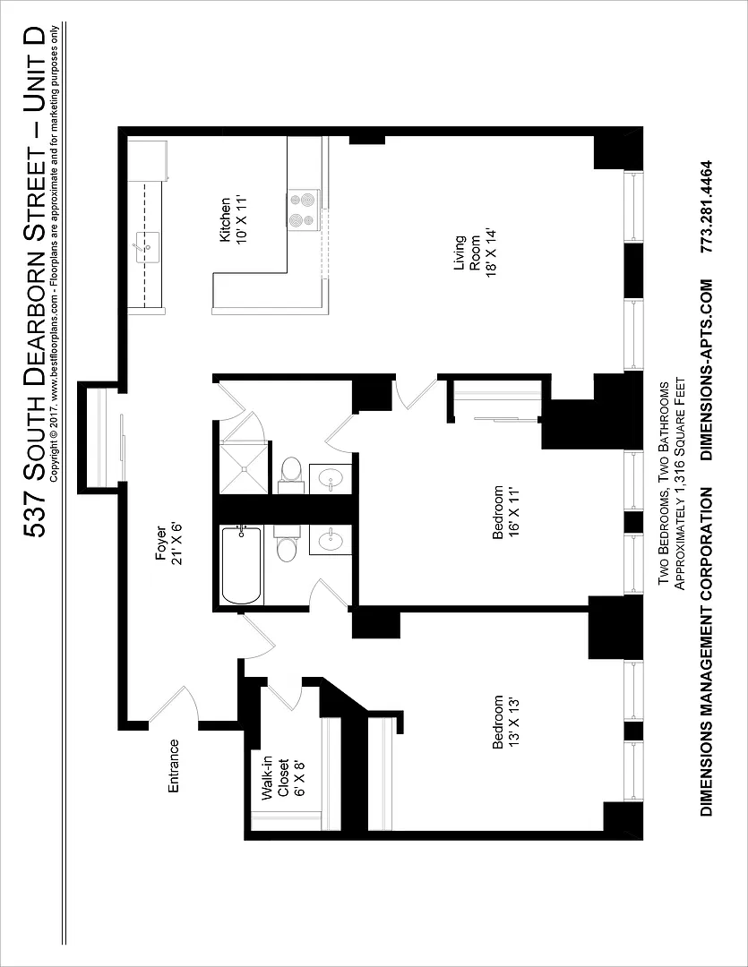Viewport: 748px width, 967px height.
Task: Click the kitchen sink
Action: pyautogui.click(x=148, y=248)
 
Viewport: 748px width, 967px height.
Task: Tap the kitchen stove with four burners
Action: pyautogui.click(x=303, y=210)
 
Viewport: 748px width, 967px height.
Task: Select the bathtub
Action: pyautogui.click(x=242, y=565)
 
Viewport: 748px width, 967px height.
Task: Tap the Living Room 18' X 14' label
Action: pyautogui.click(x=475, y=253)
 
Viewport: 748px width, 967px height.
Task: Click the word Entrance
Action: pyautogui.click(x=174, y=766)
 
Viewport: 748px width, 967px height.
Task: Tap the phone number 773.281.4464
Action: pyautogui.click(x=708, y=207)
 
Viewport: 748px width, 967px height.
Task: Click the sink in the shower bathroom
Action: pyautogui.click(x=331, y=478)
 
